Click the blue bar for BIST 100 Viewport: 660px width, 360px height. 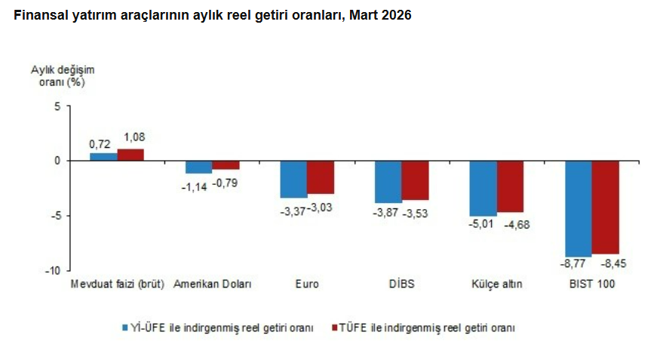pos(579,208)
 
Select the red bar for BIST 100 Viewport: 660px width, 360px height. pos(605,208)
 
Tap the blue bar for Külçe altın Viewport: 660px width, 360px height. pos(483,188)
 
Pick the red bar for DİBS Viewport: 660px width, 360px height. pos(415,180)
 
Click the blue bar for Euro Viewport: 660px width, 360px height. pos(293,179)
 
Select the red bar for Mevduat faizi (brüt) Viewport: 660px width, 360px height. pos(130,155)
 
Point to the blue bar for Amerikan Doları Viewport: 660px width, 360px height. pos(198,167)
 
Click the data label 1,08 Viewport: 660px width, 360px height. pos(134,137)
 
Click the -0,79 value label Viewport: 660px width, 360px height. pos(225,182)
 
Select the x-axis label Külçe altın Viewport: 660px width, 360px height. pos(497,285)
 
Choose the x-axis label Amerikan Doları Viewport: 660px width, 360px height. pos(212,285)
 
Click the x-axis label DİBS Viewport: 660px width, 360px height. pos(402,285)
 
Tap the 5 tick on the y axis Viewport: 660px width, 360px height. pos(57,106)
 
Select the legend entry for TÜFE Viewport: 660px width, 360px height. pos(422,328)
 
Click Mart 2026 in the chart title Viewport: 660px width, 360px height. pos(379,15)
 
